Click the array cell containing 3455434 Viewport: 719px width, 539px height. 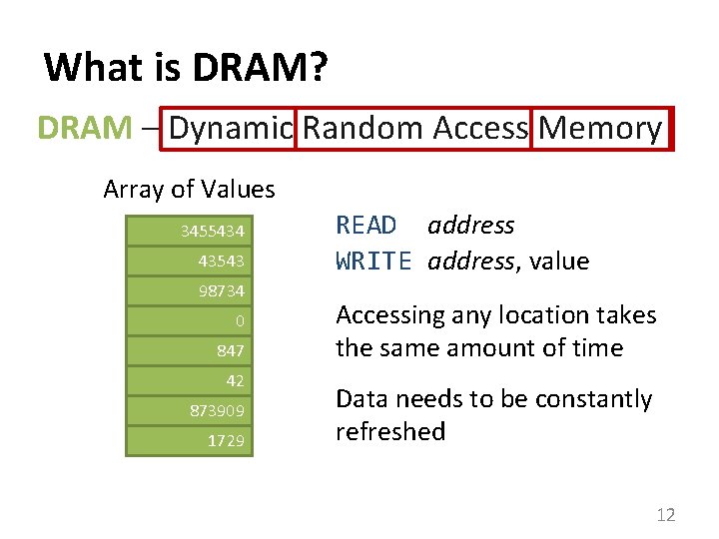click(190, 232)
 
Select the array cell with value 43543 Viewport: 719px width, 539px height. click(190, 262)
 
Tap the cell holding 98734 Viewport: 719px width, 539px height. click(190, 290)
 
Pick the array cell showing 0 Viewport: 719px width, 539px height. click(190, 320)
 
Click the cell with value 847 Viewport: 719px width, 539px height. click(190, 350)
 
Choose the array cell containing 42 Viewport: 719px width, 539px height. click(190, 380)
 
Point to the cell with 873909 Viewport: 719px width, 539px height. click(190, 410)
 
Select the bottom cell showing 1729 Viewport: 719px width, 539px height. click(190, 440)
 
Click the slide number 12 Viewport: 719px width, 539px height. click(665, 515)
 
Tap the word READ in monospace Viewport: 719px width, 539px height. click(366, 226)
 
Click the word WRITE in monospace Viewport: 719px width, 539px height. click(373, 262)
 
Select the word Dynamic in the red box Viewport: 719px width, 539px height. click(231, 129)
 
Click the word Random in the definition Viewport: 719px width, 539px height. click(363, 129)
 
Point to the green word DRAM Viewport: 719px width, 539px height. click(84, 129)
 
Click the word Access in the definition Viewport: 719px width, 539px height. click(480, 129)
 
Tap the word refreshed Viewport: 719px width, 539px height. click(390, 431)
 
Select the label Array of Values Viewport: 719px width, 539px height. click(189, 189)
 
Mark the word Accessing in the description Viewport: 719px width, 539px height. click(390, 315)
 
